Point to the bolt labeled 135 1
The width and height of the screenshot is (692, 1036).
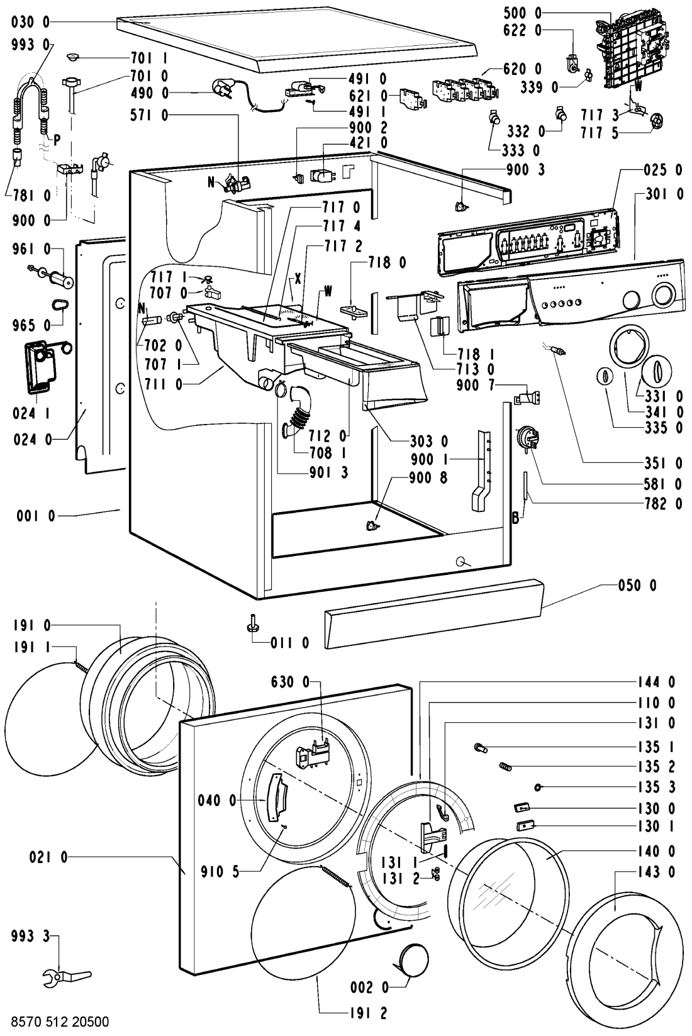481,747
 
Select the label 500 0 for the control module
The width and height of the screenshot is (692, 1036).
523,13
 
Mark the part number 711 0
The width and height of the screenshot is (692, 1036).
157,384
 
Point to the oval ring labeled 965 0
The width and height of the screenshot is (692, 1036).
60,305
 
